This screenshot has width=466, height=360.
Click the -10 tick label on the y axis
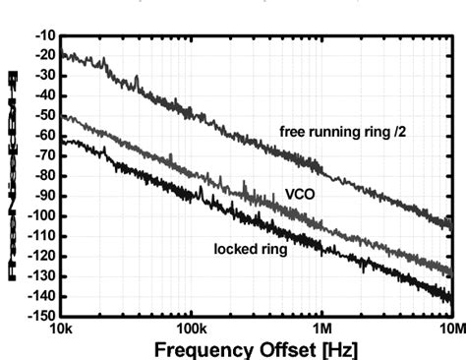(x=43, y=35)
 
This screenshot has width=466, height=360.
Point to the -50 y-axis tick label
(x=43, y=116)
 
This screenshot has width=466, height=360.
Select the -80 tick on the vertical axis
(x=43, y=176)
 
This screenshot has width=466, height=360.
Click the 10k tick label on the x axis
(x=60, y=328)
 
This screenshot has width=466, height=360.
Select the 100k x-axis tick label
(x=190, y=328)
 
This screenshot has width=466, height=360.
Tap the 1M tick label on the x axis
(x=321, y=328)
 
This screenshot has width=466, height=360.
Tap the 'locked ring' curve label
(x=251, y=249)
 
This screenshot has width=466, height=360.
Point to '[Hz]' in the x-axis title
(x=336, y=348)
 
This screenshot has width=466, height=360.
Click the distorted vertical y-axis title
(x=14, y=177)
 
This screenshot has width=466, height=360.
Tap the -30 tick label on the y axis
(x=43, y=76)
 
